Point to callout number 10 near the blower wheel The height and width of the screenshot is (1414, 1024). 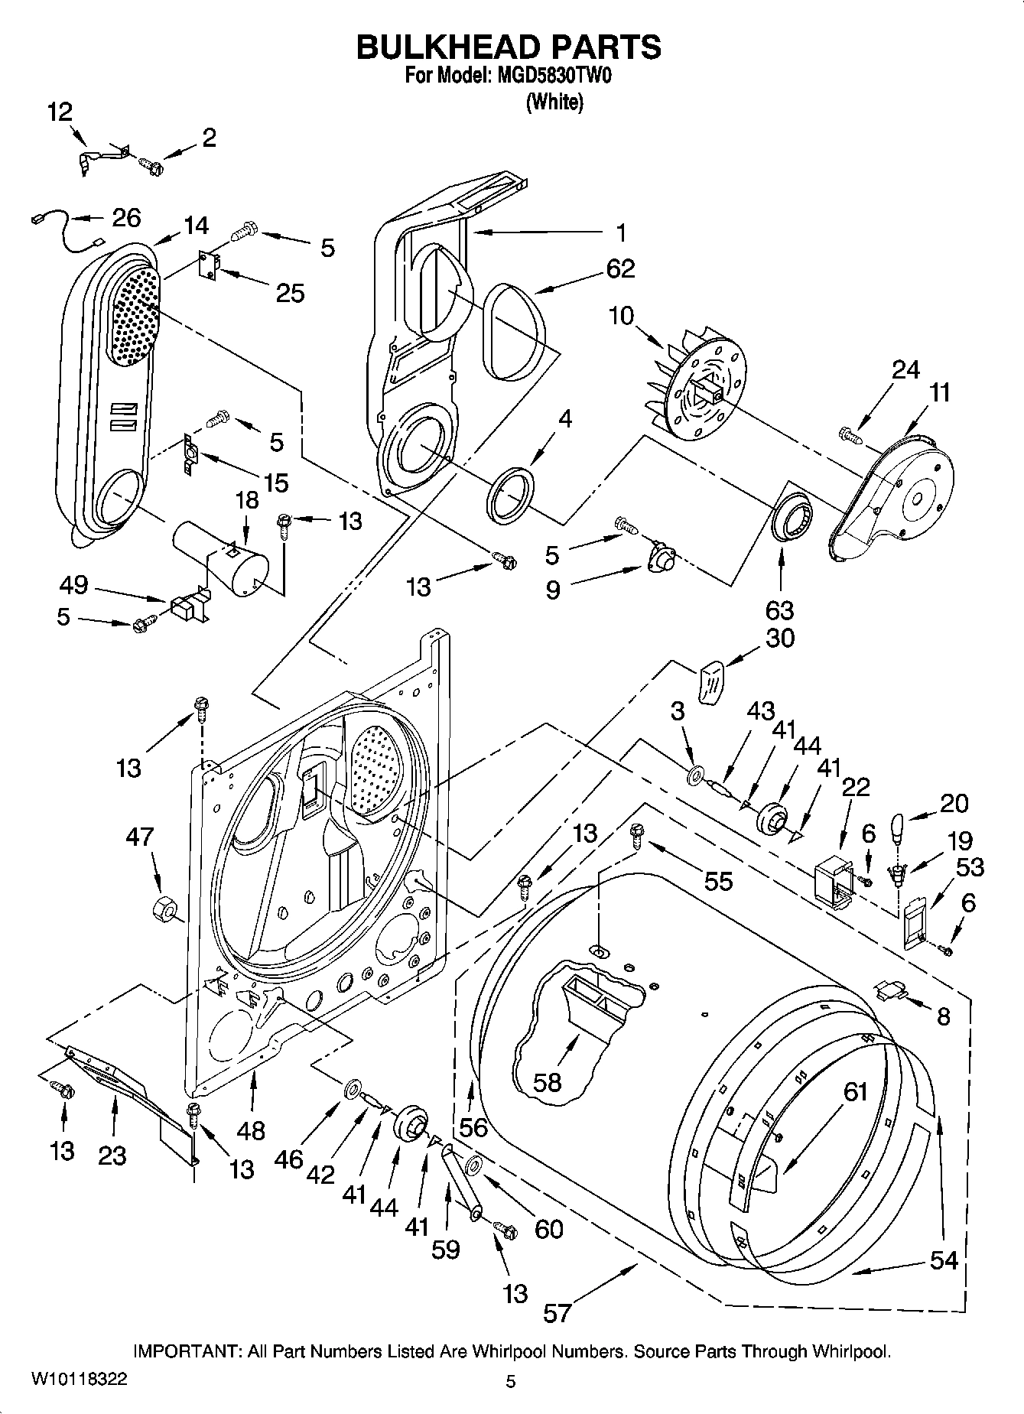622,316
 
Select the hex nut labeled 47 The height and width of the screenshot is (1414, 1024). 164,908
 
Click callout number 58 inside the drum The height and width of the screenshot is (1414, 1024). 548,1081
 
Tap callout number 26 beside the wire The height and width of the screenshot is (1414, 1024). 126,218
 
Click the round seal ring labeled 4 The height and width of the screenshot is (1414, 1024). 509,497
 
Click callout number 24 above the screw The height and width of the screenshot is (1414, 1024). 905,369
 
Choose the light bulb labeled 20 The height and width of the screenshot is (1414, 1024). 899,828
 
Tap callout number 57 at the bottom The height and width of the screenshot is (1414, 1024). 558,1313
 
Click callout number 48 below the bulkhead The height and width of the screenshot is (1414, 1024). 251,1130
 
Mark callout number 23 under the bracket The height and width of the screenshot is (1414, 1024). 112,1154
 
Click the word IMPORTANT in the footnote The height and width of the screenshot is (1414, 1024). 187,1351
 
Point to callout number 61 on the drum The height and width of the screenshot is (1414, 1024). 854,1091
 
